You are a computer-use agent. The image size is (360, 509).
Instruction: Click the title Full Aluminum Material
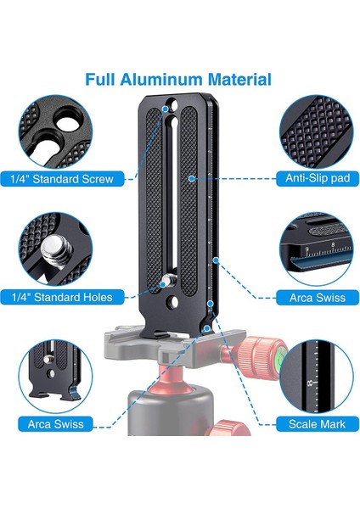click(x=178, y=80)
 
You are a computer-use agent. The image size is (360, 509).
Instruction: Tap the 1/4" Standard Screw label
click(x=62, y=179)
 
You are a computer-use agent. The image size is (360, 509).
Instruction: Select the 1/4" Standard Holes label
click(x=62, y=297)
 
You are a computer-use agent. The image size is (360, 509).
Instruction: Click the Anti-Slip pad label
click(x=318, y=178)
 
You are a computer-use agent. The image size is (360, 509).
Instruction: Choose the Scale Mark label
click(x=317, y=424)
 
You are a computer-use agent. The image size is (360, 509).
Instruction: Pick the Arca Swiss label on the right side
click(x=318, y=298)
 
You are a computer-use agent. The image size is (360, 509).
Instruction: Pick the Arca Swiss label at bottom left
click(x=55, y=424)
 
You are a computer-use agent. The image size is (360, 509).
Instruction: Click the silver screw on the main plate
click(x=168, y=280)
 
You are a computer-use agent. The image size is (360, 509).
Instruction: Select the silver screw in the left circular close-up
click(x=53, y=249)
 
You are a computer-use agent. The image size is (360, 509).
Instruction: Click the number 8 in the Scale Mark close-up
click(x=311, y=383)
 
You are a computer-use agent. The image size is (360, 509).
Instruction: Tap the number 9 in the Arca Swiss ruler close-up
click(x=307, y=249)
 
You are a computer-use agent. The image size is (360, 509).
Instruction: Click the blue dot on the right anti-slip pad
click(x=192, y=178)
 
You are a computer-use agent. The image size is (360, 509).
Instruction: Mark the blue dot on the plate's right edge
click(x=216, y=260)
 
